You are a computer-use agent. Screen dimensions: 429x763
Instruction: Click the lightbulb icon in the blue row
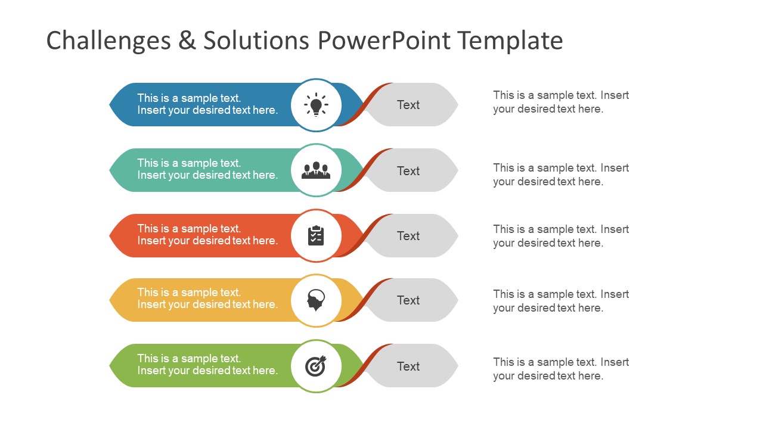click(316, 105)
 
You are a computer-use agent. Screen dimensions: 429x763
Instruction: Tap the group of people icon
click(316, 170)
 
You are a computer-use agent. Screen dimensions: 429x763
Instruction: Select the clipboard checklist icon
click(316, 236)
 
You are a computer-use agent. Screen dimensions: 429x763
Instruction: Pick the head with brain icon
click(316, 300)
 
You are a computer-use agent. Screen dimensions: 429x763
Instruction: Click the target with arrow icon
click(316, 366)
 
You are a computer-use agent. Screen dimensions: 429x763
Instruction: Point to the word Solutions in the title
click(256, 41)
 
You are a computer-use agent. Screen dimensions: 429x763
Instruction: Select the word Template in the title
click(510, 41)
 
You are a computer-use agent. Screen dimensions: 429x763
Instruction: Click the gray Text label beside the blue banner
click(408, 105)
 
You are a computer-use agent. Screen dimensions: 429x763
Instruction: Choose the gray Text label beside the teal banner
click(408, 171)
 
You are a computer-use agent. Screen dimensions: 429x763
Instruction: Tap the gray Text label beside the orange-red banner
click(408, 236)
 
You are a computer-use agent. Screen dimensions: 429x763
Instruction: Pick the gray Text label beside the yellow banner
click(408, 300)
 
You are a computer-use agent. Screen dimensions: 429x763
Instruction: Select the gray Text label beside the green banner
click(408, 366)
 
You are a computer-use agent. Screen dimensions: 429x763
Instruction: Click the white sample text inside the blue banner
click(207, 104)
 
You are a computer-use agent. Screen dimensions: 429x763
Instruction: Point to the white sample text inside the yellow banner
click(207, 299)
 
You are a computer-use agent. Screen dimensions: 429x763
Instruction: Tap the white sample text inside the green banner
click(207, 365)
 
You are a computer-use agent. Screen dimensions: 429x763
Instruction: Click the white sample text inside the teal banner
click(207, 169)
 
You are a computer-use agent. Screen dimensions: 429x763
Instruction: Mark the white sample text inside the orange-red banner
click(207, 235)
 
